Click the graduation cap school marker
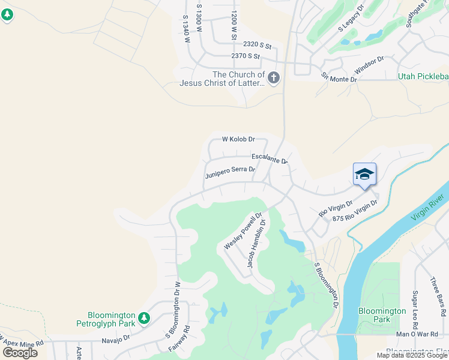click(364, 175)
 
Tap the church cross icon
click(274, 78)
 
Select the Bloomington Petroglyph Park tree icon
click(144, 318)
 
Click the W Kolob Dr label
click(238, 139)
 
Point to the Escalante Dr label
click(270, 158)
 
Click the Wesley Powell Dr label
click(244, 231)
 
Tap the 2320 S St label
click(258, 45)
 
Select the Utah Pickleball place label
click(423, 77)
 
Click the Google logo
click(20, 352)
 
